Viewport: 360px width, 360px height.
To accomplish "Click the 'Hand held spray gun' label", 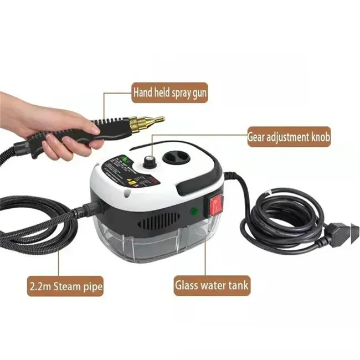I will [169, 92].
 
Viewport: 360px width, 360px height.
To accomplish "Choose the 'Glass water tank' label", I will [213, 286].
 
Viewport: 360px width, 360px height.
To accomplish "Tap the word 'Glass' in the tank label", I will [188, 286].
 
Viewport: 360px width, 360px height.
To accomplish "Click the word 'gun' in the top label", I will [197, 92].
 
